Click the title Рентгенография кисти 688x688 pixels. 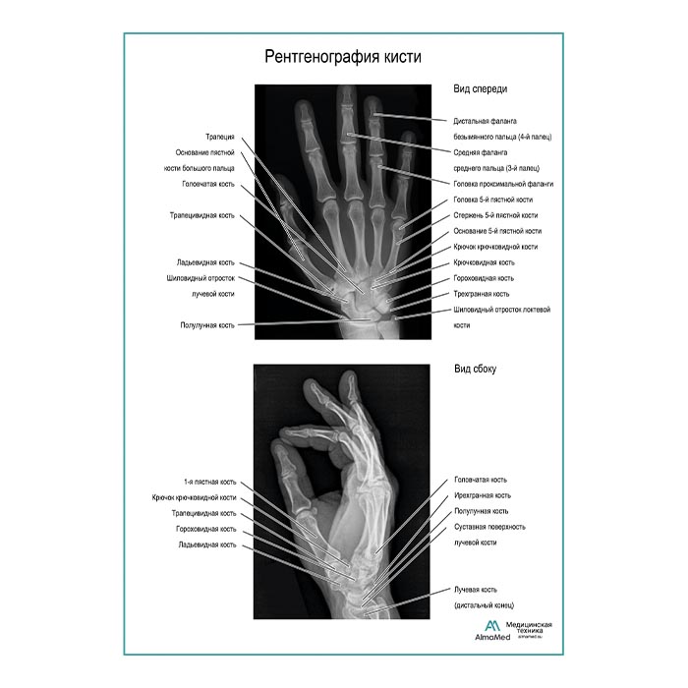pyautogui.click(x=343, y=57)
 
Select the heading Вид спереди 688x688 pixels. pyautogui.click(x=481, y=88)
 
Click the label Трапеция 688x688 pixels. pyautogui.click(x=220, y=137)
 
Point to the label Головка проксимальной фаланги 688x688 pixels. pyautogui.click(x=503, y=184)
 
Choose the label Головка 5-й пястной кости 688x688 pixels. pyautogui.click(x=492, y=200)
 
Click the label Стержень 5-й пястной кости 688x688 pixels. pyautogui.click(x=495, y=215)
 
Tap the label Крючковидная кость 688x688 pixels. pyautogui.click(x=484, y=262)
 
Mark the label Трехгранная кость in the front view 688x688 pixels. pyautogui.click(x=482, y=294)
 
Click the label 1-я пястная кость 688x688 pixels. pyautogui.click(x=209, y=483)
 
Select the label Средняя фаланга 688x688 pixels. pyautogui.click(x=480, y=152)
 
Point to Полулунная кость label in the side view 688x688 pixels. pyautogui.click(x=481, y=511)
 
